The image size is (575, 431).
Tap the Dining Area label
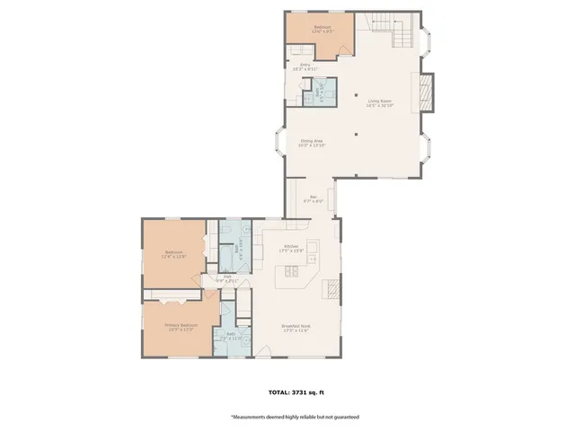pyautogui.click(x=313, y=143)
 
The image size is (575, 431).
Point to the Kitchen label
pyautogui.click(x=292, y=248)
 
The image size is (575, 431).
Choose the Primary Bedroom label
pyautogui.click(x=181, y=327)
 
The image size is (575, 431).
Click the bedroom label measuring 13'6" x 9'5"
pyautogui.click(x=322, y=30)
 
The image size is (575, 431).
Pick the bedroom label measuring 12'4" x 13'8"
pyautogui.click(x=173, y=254)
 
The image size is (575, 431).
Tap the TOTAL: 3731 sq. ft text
pyautogui.click(x=295, y=392)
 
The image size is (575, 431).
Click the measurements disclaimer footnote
pyautogui.click(x=295, y=418)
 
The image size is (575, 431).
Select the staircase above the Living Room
pyautogui.click(x=395, y=31)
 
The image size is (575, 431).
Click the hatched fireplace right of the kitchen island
pyautogui.click(x=332, y=287)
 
